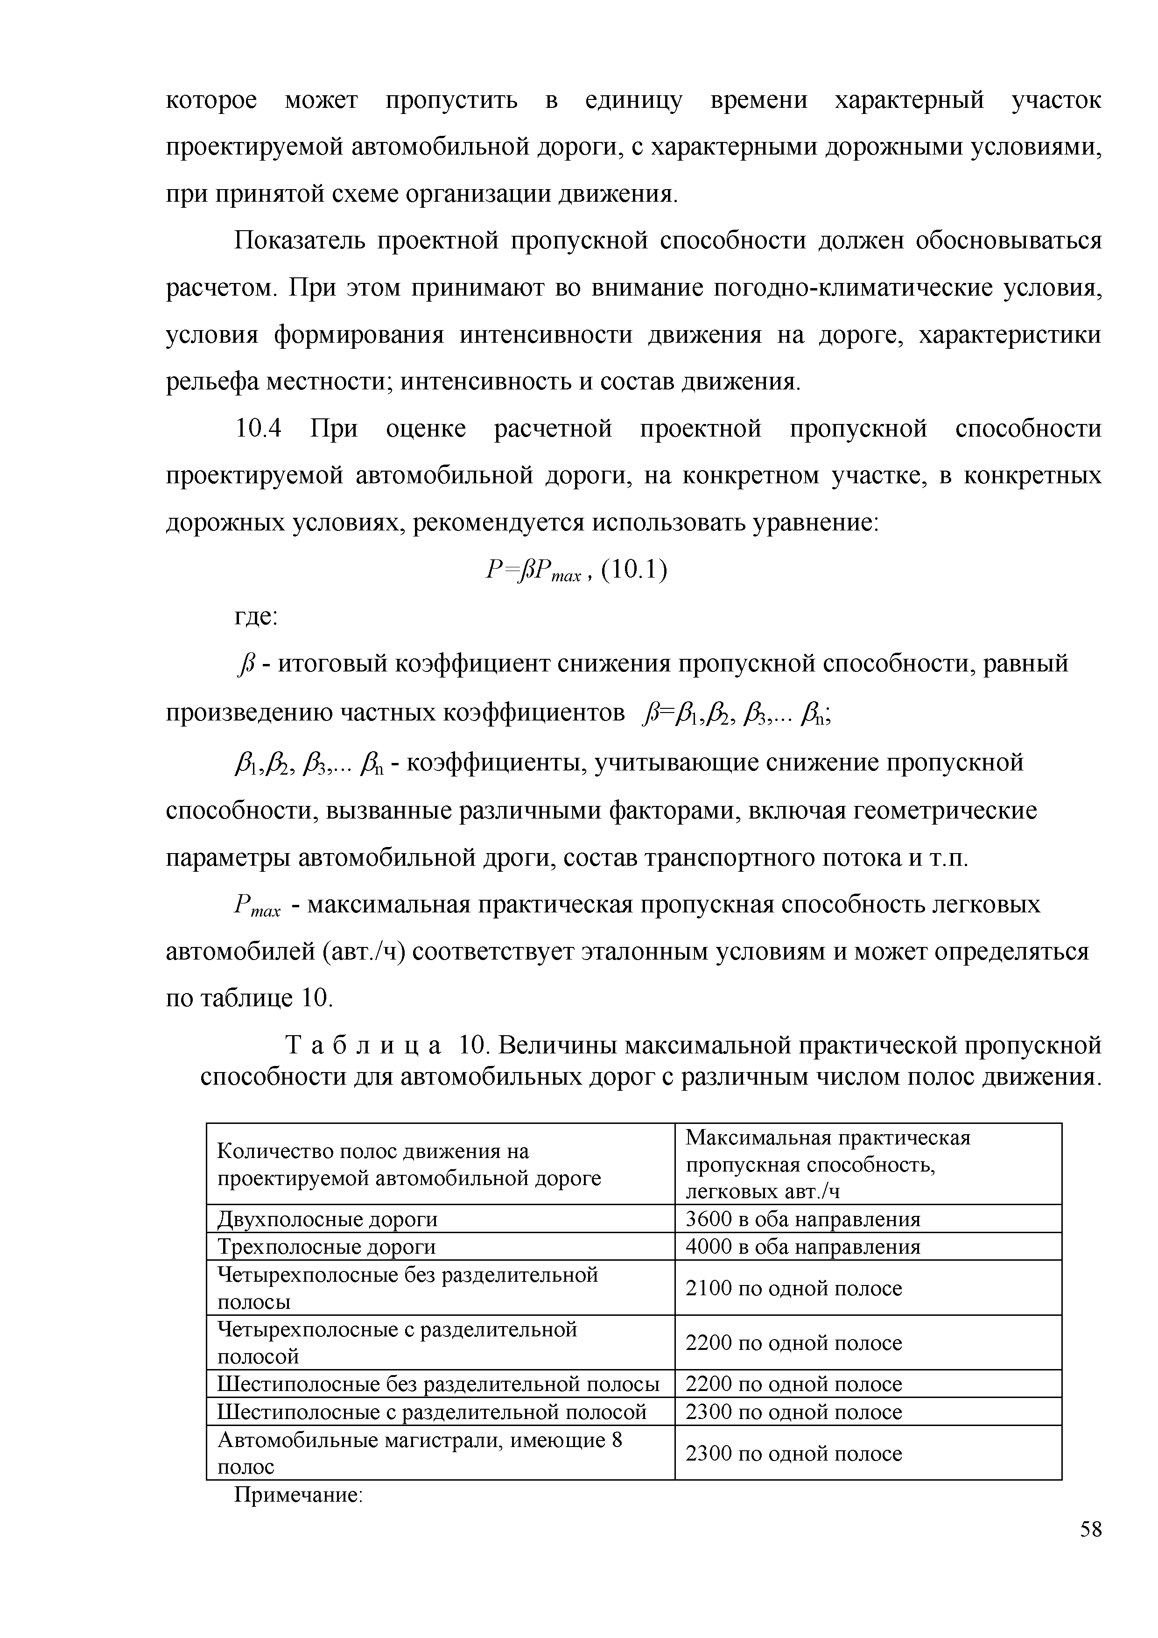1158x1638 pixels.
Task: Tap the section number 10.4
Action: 259,429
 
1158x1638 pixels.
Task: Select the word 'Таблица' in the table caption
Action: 363,1046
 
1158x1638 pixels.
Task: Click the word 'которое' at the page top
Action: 211,100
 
